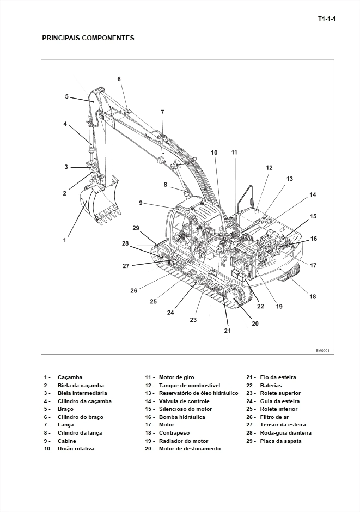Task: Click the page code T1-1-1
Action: click(x=327, y=19)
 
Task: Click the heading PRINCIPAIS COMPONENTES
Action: click(x=88, y=38)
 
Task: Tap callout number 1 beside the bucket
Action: click(x=65, y=239)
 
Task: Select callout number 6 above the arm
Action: click(x=119, y=79)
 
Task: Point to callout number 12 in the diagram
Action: click(x=269, y=168)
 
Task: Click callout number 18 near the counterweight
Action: click(x=313, y=296)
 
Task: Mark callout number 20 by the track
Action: click(x=255, y=324)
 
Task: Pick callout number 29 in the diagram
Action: click(x=136, y=228)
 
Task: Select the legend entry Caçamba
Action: click(x=70, y=377)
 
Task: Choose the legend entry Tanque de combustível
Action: click(x=189, y=385)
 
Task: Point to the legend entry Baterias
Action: click(x=271, y=385)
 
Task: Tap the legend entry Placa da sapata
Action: click(x=280, y=441)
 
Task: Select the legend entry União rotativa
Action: click(x=76, y=449)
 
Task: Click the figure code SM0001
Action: click(x=322, y=351)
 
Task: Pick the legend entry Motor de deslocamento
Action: click(x=190, y=449)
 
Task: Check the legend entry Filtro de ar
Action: click(x=274, y=417)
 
